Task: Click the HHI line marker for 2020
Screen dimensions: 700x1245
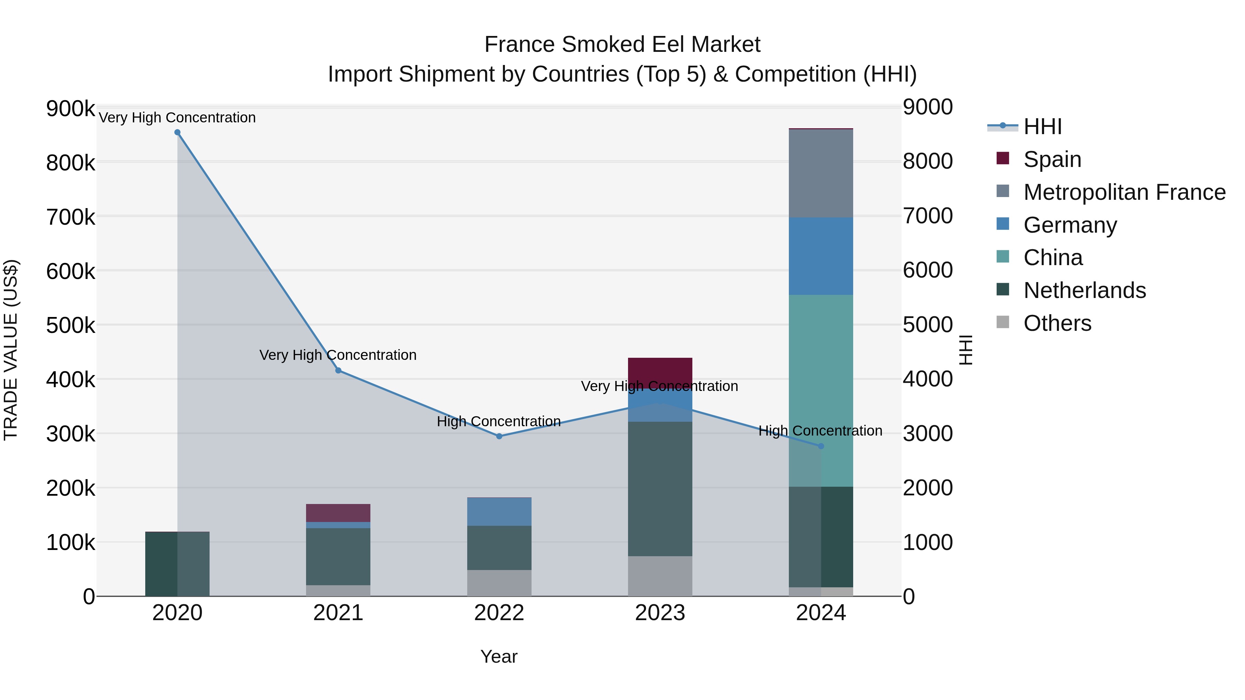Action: pyautogui.click(x=177, y=132)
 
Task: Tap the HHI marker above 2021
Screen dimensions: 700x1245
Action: pyautogui.click(x=338, y=371)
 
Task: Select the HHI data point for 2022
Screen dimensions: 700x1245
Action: pyautogui.click(x=499, y=436)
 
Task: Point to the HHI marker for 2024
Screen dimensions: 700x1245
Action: pyautogui.click(x=821, y=446)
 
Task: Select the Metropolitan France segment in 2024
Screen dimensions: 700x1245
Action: pyautogui.click(x=821, y=174)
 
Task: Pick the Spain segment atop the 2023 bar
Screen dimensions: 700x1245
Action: pyautogui.click(x=660, y=372)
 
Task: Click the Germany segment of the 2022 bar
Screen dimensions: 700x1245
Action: pyautogui.click(x=499, y=512)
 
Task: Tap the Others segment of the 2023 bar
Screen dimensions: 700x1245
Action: pyautogui.click(x=660, y=576)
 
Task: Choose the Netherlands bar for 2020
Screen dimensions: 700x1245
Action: pyautogui.click(x=177, y=564)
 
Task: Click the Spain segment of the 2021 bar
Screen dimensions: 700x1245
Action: pyautogui.click(x=338, y=513)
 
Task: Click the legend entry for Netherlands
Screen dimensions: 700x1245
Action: pyautogui.click(x=1084, y=290)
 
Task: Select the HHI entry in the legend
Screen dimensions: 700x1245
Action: pyautogui.click(x=1042, y=127)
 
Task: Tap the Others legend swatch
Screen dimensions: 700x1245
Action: pyautogui.click(x=1003, y=322)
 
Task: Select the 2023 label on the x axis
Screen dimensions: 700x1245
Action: pyautogui.click(x=660, y=613)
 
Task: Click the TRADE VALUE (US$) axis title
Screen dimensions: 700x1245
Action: pyautogui.click(x=11, y=349)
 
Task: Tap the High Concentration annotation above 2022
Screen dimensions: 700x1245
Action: pyautogui.click(x=499, y=421)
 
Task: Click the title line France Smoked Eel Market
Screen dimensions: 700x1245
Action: pyautogui.click(x=622, y=45)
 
